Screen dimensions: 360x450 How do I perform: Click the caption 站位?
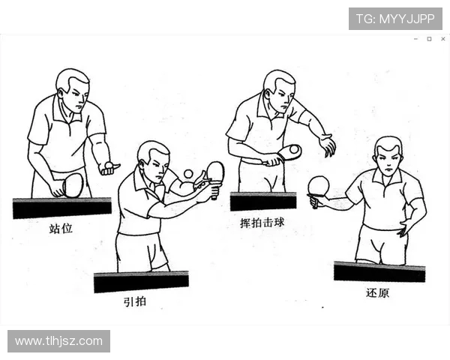click(x=61, y=229)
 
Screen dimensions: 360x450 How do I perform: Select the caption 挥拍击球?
click(x=259, y=223)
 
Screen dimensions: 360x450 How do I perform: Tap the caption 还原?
click(x=377, y=292)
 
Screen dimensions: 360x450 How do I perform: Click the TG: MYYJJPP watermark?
click(x=395, y=19)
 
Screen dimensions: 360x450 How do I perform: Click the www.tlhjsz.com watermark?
click(x=58, y=341)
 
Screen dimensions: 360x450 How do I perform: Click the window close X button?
click(x=442, y=39)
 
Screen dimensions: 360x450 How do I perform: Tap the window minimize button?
click(x=415, y=39)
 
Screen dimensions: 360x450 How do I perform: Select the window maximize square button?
click(x=429, y=39)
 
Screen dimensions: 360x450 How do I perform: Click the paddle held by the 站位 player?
click(x=73, y=184)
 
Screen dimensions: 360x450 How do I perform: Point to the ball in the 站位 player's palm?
click(x=109, y=164)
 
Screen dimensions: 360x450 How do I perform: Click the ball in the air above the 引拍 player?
click(x=188, y=174)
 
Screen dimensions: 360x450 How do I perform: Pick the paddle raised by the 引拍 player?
click(x=215, y=173)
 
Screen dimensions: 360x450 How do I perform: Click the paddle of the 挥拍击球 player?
click(x=289, y=152)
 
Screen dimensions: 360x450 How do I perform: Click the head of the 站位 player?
click(x=73, y=88)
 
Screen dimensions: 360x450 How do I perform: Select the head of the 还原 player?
click(x=388, y=155)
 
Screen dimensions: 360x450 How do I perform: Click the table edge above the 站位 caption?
click(x=61, y=207)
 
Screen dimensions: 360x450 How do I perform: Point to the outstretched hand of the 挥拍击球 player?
click(x=326, y=144)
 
